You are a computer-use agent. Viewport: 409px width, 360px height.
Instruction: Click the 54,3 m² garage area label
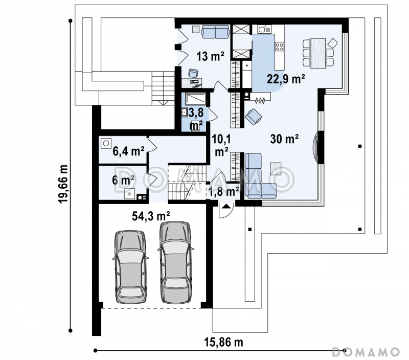click(x=151, y=216)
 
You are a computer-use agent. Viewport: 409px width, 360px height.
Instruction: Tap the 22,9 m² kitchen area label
click(x=286, y=79)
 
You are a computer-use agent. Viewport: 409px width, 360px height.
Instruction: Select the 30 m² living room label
click(x=284, y=139)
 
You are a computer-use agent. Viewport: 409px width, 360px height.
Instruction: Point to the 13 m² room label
click(x=210, y=56)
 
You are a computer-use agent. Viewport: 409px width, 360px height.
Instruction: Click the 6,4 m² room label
click(x=128, y=151)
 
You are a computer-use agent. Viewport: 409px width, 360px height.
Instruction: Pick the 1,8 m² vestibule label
click(x=224, y=191)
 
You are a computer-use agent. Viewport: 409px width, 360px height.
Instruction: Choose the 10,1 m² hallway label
click(x=221, y=145)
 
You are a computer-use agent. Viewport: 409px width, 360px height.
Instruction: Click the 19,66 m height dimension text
click(x=63, y=184)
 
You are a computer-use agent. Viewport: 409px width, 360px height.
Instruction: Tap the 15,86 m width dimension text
click(x=223, y=342)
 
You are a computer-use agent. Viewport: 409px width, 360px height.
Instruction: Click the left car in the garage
click(x=130, y=266)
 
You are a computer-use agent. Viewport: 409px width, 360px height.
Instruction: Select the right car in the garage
click(x=175, y=262)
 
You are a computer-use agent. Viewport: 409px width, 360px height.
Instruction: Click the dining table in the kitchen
click(x=318, y=54)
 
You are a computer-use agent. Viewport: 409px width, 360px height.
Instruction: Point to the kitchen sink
click(x=264, y=29)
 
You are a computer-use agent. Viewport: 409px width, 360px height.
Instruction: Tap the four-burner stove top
click(x=279, y=47)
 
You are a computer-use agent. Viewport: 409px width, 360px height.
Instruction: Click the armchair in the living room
click(x=253, y=117)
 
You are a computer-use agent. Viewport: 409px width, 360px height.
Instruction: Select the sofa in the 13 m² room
click(x=215, y=32)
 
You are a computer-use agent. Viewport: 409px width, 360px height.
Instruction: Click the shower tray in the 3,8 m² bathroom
click(x=195, y=99)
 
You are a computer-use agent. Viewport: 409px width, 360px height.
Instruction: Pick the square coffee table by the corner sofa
click(x=276, y=168)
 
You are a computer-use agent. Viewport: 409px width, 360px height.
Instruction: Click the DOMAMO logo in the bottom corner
click(x=366, y=352)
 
